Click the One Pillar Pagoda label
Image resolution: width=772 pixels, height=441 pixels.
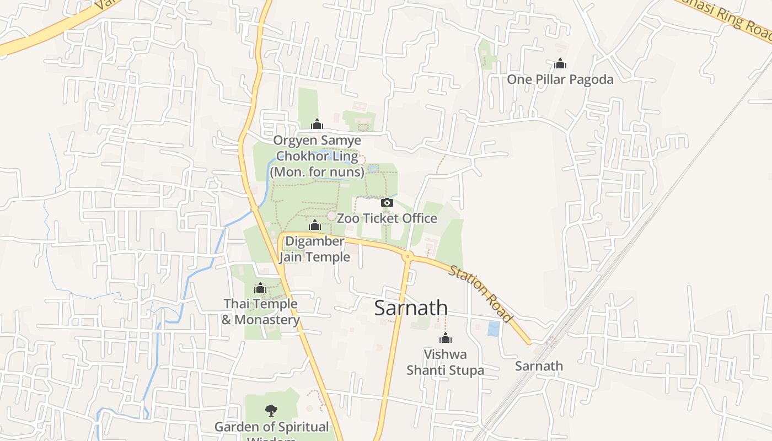pos(560,79)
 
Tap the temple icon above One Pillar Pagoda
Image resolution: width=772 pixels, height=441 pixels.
pos(560,64)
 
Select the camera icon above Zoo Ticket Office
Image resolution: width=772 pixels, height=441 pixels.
pos(387,202)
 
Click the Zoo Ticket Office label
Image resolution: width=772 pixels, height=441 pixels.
pos(387,218)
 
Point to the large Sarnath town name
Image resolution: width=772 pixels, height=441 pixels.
pos(411,308)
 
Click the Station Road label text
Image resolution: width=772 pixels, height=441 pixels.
pos(480,294)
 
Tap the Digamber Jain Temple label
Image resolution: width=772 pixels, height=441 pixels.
pos(314,249)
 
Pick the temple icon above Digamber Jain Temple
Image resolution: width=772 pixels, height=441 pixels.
pos(315,225)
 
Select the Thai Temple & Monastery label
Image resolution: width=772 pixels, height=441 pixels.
pos(260,311)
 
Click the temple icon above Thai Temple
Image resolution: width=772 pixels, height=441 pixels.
pos(260,288)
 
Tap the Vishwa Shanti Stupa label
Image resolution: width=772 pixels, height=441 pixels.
pos(445,362)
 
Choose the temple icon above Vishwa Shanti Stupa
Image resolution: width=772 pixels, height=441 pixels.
pos(445,338)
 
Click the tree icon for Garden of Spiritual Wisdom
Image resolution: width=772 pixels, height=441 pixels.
pos(271,410)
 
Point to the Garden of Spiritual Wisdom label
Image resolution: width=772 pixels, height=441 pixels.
pos(271,428)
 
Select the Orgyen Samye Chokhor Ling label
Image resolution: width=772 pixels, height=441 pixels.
pos(317,157)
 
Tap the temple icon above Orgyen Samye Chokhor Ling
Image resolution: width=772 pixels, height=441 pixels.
pos(317,124)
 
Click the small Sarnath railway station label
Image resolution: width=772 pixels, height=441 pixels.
pos(539,366)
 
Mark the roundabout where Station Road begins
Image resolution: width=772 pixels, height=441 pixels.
pos(408,256)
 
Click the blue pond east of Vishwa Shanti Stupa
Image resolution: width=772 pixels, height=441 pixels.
pos(494,329)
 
